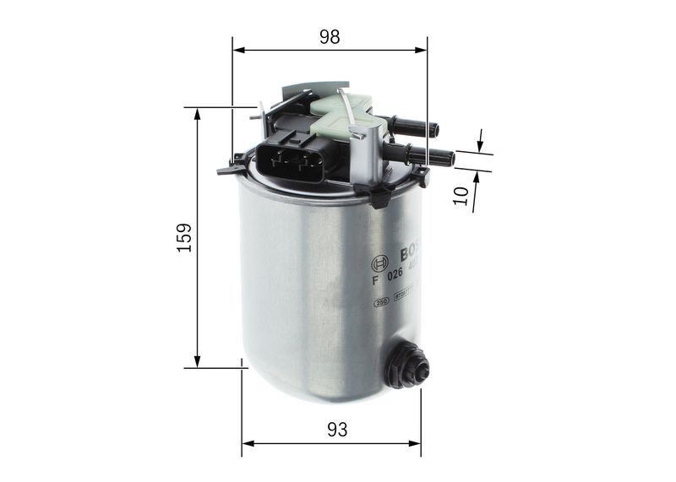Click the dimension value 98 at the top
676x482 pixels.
(x=330, y=36)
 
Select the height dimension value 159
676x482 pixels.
(x=184, y=237)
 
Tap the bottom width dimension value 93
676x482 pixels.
(x=336, y=430)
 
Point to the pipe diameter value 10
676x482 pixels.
(x=461, y=195)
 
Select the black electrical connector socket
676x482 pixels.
(x=289, y=160)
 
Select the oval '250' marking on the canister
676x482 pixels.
(x=381, y=300)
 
